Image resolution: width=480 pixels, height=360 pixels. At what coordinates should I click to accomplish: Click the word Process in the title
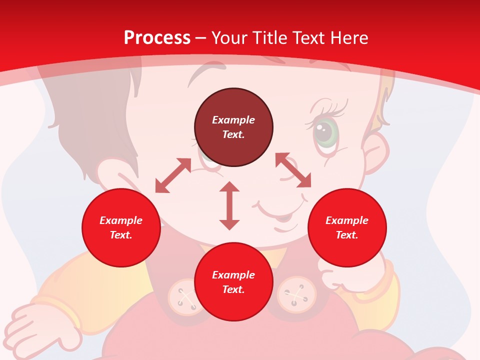157,37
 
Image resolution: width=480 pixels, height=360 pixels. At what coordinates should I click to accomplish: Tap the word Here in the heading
347,37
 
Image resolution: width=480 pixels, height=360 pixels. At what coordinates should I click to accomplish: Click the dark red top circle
233,127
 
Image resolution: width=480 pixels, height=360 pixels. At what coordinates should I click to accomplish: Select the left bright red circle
121,228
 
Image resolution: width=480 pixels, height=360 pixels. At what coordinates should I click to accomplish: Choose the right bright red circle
347,228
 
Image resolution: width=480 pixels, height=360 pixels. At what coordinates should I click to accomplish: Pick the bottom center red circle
233,282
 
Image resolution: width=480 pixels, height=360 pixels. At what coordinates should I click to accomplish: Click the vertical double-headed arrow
229,205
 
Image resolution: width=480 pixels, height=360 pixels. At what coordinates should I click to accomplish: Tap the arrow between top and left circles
173,175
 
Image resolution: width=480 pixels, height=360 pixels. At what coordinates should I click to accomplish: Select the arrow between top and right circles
293,170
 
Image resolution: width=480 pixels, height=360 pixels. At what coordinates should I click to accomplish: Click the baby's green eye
325,132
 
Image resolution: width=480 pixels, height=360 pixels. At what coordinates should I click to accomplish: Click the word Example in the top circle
233,120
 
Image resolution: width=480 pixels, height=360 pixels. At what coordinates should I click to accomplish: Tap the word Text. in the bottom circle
233,289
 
